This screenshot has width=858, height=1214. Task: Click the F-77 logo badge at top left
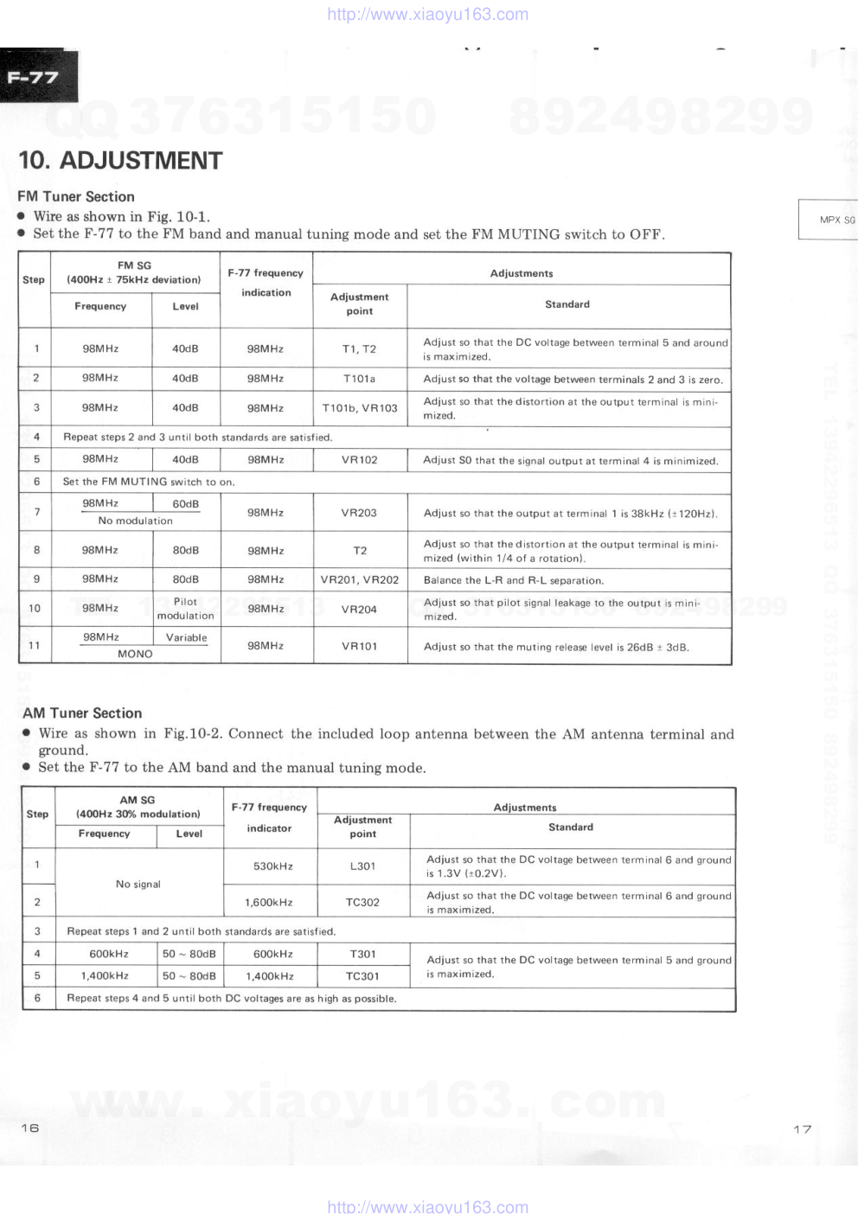[x=35, y=77]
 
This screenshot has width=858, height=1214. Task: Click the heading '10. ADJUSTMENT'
[x=120, y=161]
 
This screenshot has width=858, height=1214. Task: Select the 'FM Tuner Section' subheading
[x=76, y=196]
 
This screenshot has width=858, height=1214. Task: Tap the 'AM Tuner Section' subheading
[x=82, y=712]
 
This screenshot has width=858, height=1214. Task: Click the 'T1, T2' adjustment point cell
[x=359, y=348]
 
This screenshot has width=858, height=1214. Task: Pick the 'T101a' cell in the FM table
[x=359, y=378]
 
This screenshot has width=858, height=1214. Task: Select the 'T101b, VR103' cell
[x=360, y=407]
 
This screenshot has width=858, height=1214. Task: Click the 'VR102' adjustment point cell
[x=359, y=459]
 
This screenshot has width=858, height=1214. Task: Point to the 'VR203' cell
[x=359, y=513]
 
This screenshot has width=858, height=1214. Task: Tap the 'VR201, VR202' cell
[x=360, y=579]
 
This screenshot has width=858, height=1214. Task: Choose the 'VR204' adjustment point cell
[x=359, y=609]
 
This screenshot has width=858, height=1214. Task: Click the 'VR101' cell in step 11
[x=359, y=646]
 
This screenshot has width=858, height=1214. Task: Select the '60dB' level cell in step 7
[x=185, y=503]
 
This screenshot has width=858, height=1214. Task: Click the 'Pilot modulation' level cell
[x=185, y=609]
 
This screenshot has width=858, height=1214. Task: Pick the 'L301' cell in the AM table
[x=362, y=866]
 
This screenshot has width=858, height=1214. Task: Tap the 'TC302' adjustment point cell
[x=362, y=902]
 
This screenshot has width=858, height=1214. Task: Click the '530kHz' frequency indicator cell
[x=272, y=866]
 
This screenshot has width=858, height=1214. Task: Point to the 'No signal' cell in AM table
[x=138, y=884]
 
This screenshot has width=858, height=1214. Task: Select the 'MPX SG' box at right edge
[x=836, y=220]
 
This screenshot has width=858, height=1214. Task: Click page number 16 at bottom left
[x=30, y=1128]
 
